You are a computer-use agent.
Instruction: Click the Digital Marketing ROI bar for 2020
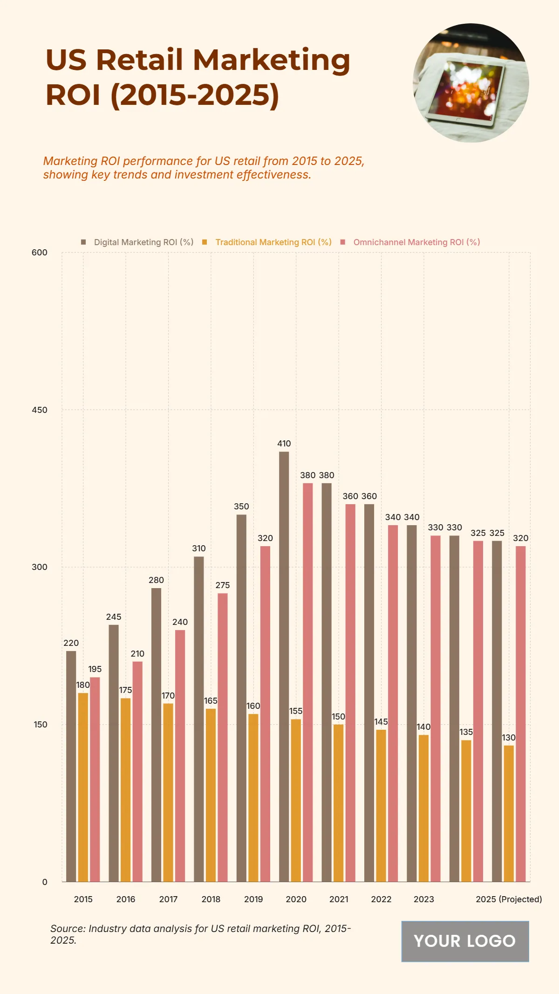(x=284, y=666)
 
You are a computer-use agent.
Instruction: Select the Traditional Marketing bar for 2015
(x=83, y=788)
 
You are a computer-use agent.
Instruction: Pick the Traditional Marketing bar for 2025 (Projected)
(x=509, y=813)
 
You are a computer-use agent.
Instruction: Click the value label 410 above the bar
(x=284, y=444)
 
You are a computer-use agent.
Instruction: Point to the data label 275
(x=223, y=585)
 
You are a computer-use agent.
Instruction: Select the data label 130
(x=509, y=738)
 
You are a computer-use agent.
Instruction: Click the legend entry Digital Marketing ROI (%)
(x=143, y=242)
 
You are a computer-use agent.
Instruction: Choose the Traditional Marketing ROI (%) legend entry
(x=273, y=242)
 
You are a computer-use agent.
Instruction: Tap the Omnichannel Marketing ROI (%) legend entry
(x=416, y=242)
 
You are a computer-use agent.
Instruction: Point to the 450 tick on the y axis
(x=40, y=410)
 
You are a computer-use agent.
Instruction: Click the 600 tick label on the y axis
(x=40, y=253)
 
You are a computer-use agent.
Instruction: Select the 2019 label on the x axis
(x=253, y=899)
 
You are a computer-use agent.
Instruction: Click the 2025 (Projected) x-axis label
(x=509, y=899)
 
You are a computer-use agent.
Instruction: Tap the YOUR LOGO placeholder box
(x=465, y=941)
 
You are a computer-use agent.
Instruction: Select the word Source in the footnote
(x=68, y=928)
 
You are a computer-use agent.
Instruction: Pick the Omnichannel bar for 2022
(x=393, y=704)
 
